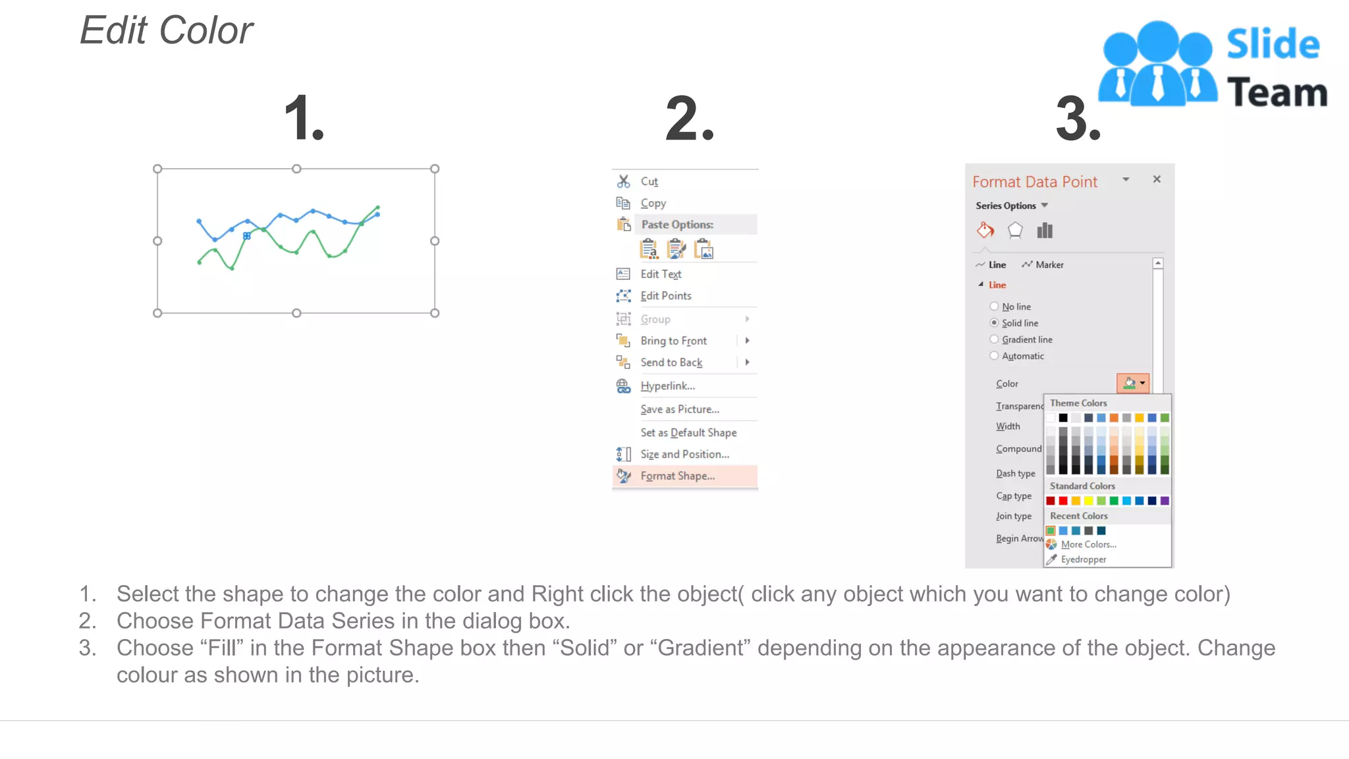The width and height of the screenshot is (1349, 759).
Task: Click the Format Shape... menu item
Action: coord(677,476)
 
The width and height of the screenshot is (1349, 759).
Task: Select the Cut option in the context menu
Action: coord(649,181)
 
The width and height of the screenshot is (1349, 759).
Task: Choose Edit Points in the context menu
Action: coord(665,296)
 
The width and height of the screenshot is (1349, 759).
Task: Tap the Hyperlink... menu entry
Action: coord(667,386)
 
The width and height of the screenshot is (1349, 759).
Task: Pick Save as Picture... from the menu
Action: coord(680,409)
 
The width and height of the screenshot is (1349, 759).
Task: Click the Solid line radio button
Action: coord(994,323)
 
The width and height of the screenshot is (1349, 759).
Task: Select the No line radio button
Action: coord(994,306)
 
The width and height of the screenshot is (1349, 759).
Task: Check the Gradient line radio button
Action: coord(994,339)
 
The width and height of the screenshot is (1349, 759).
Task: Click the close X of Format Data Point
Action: coord(1157,179)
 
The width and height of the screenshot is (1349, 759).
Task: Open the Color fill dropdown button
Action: coord(1133,383)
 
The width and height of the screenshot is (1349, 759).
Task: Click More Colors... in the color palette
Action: coord(1088,544)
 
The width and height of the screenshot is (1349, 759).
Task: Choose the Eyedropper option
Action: coord(1083,559)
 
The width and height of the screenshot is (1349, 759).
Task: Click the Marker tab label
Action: coord(1049,265)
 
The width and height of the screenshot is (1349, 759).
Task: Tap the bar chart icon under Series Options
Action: coord(1045,231)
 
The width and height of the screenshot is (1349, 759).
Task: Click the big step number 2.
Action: coord(689,119)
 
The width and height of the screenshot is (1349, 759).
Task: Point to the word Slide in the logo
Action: coord(1273,44)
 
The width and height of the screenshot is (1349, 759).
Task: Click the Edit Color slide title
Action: coord(167,30)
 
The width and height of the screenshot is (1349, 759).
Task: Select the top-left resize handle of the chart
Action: coord(157,169)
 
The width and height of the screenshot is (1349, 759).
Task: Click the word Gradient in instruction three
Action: coord(703,648)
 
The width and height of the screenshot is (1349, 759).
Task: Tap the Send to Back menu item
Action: coord(671,362)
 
